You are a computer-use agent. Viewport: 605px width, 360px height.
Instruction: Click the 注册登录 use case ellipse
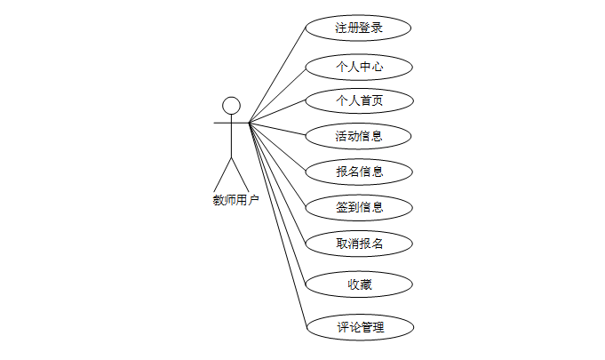[x=359, y=28]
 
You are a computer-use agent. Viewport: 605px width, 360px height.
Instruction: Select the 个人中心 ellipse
[x=359, y=67]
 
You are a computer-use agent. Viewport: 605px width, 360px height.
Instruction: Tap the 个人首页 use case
[x=359, y=101]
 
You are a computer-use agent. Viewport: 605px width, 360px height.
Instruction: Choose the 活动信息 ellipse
[x=359, y=136]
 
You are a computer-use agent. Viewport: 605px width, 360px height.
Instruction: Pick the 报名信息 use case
[x=359, y=171]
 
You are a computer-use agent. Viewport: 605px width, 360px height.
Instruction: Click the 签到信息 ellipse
[x=359, y=207]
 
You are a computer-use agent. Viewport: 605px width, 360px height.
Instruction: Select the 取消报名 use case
[x=359, y=243]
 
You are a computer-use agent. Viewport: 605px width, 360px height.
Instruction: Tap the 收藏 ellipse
[x=359, y=284]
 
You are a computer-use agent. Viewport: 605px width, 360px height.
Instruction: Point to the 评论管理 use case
[x=359, y=326]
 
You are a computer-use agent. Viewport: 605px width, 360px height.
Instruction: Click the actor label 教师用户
[x=235, y=200]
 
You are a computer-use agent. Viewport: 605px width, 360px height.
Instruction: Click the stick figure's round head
[x=232, y=106]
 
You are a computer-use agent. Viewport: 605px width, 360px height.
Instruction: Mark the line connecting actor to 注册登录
[x=278, y=76]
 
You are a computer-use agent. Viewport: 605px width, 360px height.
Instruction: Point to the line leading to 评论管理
[x=277, y=222]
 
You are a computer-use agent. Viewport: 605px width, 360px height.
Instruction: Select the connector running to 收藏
[x=277, y=203]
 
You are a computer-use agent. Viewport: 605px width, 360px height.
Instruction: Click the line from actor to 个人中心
[x=277, y=95]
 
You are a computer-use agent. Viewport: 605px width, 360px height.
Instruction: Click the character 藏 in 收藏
[x=365, y=284]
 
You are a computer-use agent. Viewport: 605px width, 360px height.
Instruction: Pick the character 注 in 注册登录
[x=341, y=28]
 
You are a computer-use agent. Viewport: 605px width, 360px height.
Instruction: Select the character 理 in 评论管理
[x=378, y=326]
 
